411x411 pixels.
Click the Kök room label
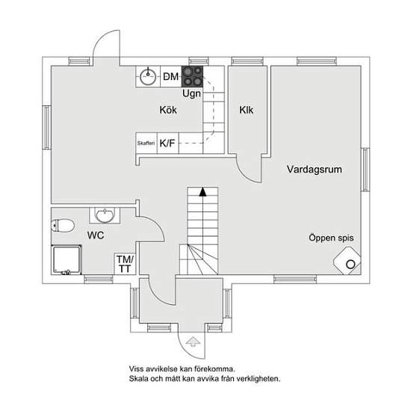[x=168, y=110]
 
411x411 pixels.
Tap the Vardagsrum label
[x=315, y=170]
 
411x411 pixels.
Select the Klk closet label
[x=246, y=110]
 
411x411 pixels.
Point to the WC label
[x=96, y=235]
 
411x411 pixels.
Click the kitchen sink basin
[x=148, y=77]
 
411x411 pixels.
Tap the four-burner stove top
[x=192, y=76]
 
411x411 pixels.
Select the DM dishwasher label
[x=170, y=77]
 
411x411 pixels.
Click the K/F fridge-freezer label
[x=167, y=143]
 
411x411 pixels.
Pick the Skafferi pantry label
[x=146, y=143]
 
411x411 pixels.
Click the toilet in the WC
[x=63, y=226]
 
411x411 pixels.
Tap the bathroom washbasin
[x=105, y=215]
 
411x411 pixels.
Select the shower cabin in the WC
[x=67, y=260]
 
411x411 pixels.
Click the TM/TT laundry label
[x=125, y=265]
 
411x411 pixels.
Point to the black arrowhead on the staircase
[x=203, y=191]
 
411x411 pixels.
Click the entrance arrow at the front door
[x=193, y=342]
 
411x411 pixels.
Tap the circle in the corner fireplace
[x=350, y=265]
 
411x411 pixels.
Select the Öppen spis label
[x=331, y=238]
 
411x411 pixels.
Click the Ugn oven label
[x=191, y=93]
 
